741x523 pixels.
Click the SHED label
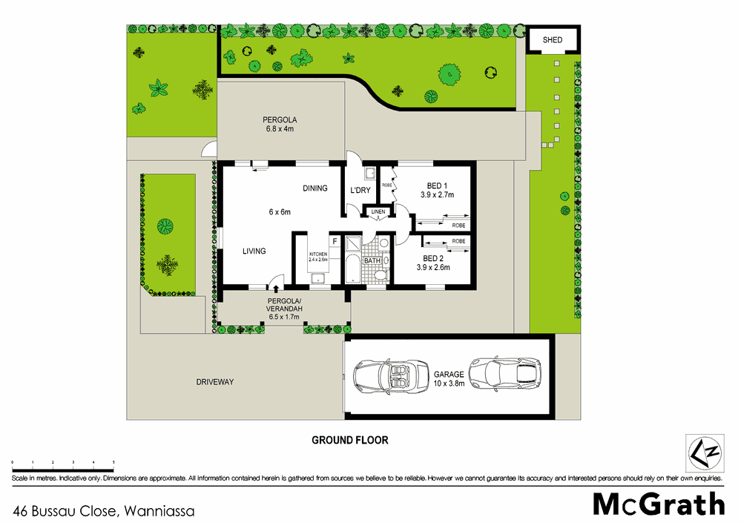click(x=552, y=40)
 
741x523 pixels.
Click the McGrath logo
click(x=659, y=504)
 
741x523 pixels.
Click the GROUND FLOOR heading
click(x=349, y=440)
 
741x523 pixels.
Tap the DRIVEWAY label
click(x=215, y=382)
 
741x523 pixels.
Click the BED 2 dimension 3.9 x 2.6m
click(x=433, y=267)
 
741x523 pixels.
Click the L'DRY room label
click(x=360, y=191)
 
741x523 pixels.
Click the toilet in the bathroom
click(x=381, y=275)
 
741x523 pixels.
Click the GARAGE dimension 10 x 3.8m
click(x=449, y=384)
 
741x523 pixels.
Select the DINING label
click(x=314, y=188)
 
